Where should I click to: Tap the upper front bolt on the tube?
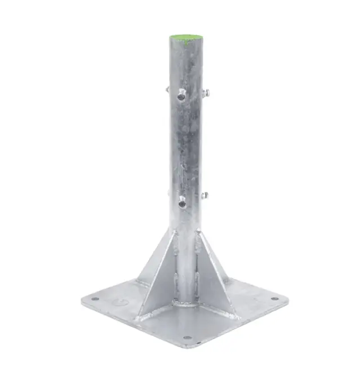tap(181, 95)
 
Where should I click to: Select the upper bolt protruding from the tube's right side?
tap(207, 93)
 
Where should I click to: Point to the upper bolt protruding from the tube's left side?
tap(168, 89)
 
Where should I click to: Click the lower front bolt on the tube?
tap(181, 200)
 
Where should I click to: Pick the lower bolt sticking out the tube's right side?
tap(205, 196)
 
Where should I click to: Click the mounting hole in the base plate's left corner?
tap(95, 299)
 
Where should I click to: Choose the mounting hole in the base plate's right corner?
tap(274, 299)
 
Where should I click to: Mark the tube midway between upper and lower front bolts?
tap(184, 148)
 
